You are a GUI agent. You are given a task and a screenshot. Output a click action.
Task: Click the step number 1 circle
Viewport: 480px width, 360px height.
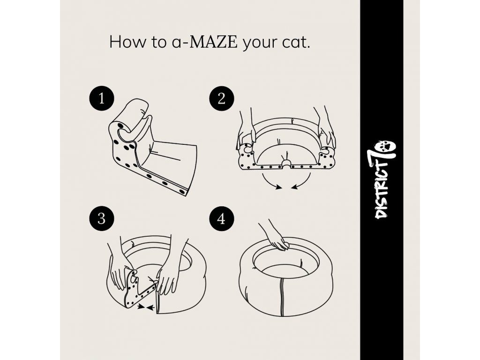[102, 99]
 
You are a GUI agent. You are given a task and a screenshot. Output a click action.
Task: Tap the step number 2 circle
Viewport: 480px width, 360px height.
[222, 99]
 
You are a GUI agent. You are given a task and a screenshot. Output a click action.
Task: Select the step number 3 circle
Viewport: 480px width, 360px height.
[102, 219]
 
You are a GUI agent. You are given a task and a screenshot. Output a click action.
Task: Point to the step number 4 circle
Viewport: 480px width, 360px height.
[222, 219]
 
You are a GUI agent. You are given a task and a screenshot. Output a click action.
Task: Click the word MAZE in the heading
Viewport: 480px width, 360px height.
[213, 42]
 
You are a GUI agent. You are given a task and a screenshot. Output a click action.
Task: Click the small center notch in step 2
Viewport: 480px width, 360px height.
[286, 163]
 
